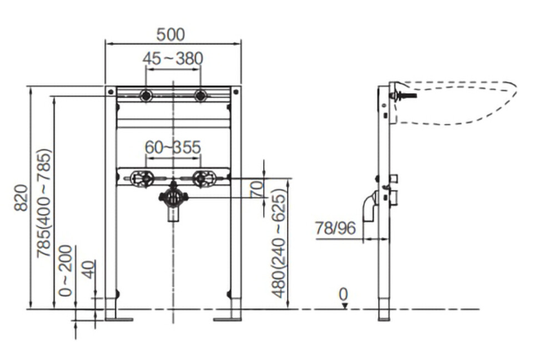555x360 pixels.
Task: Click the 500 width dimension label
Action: (170, 34)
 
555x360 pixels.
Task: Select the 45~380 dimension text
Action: (173, 58)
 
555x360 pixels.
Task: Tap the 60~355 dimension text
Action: (173, 147)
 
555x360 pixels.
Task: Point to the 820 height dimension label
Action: (21, 198)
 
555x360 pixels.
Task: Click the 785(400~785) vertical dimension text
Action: (45, 204)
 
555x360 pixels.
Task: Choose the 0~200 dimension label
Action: (65, 271)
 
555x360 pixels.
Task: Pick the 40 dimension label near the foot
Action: (89, 270)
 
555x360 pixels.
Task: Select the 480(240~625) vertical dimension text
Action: (279, 244)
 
